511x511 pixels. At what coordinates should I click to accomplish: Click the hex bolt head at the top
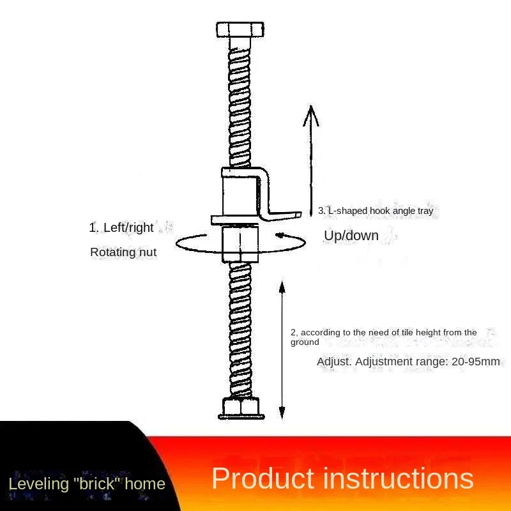coord(240,30)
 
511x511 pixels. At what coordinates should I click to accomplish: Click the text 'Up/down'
coord(351,236)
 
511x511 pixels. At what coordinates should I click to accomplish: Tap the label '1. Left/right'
coord(121,227)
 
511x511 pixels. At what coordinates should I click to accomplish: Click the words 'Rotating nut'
coord(123,252)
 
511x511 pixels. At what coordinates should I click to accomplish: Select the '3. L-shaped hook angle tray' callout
coord(376,210)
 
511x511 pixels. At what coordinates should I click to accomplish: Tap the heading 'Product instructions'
coord(342,479)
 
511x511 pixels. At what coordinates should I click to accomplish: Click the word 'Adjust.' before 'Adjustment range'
coord(334,362)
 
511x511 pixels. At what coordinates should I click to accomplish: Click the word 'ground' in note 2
coord(305,342)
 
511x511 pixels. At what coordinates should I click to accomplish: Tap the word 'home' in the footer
coord(145,484)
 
